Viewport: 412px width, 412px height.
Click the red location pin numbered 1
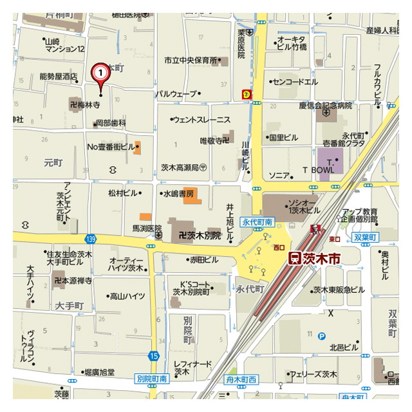point(100,73)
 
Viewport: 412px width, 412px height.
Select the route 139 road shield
point(90,238)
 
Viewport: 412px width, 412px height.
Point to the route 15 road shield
point(153,355)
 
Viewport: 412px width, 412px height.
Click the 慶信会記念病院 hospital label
point(326,105)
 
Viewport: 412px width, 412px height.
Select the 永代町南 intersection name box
point(257,222)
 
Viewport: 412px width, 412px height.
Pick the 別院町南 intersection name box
point(152,379)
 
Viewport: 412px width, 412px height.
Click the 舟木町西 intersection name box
point(241,380)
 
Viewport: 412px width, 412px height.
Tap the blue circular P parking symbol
point(322,335)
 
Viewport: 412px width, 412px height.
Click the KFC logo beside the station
point(315,229)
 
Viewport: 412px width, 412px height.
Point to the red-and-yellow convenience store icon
point(246,95)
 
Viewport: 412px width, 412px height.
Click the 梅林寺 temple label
point(84,103)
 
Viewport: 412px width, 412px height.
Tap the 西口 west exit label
point(279,247)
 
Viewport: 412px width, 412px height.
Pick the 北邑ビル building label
point(342,347)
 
